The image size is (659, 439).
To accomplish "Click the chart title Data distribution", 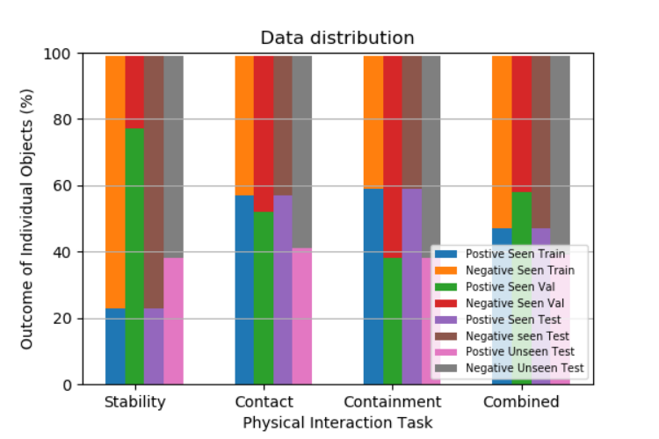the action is [337, 38].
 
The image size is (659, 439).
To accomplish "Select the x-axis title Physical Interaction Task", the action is [337, 422].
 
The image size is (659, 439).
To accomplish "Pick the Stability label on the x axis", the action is [135, 402].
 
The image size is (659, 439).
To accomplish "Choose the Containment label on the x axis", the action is [393, 401].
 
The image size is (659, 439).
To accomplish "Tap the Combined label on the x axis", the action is [521, 401].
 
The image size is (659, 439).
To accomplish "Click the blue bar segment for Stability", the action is [115, 347].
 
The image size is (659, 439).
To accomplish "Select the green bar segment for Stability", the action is [134, 256].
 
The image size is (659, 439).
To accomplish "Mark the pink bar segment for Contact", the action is [301, 316].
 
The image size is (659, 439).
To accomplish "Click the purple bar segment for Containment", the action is [412, 286].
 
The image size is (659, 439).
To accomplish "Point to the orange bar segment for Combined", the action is [502, 142].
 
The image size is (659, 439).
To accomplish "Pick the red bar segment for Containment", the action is [393, 156].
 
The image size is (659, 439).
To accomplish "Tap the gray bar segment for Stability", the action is [173, 156].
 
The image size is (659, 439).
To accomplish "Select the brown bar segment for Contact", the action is [283, 126].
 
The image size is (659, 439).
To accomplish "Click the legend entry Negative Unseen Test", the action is [510, 368].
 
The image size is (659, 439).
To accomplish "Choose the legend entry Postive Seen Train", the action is [500, 254].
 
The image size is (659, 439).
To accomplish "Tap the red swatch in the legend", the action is [445, 303].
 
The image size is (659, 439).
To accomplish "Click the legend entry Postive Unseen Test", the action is [504, 351].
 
